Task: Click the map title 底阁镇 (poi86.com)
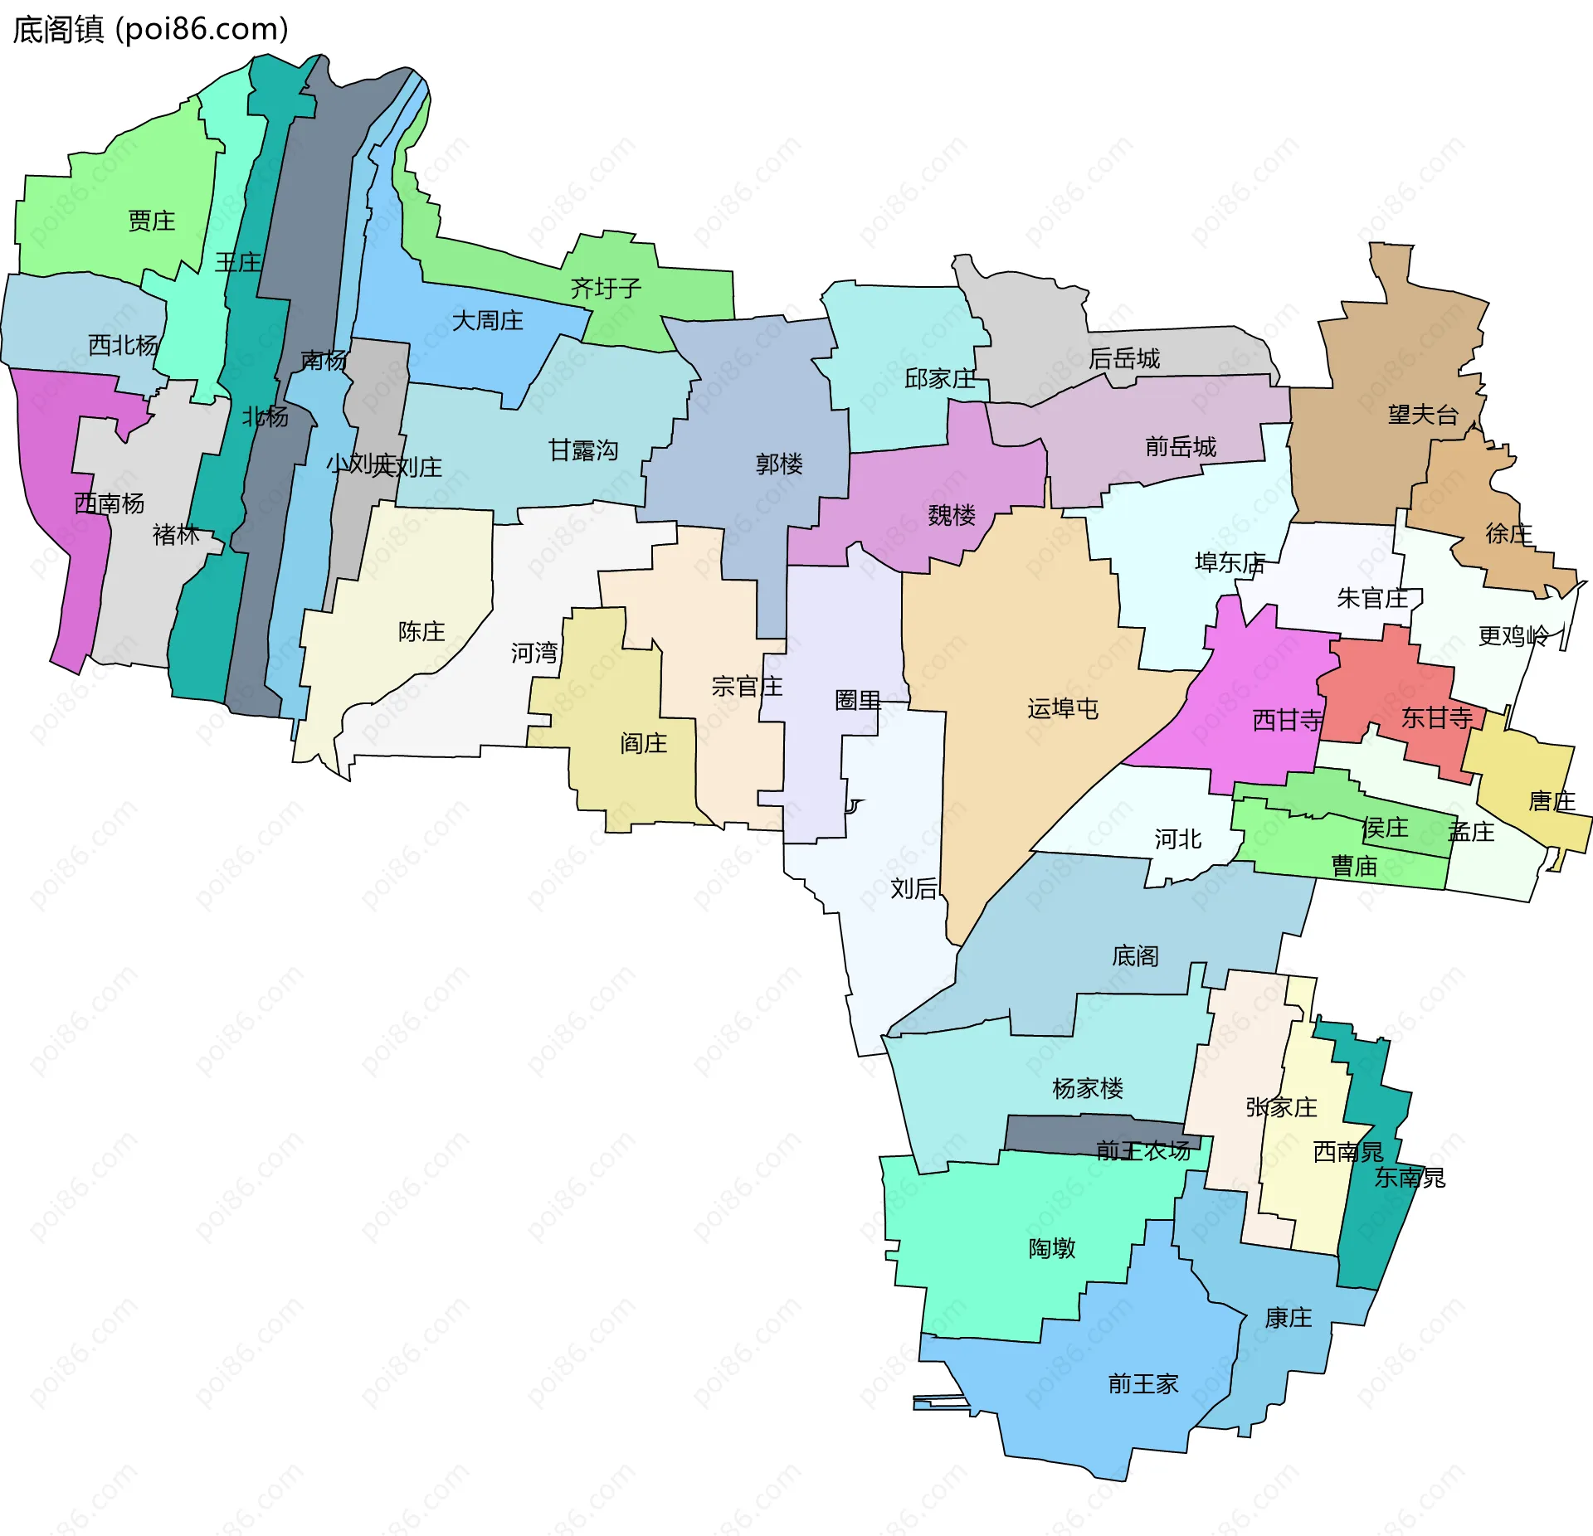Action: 150,30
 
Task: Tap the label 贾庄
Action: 151,221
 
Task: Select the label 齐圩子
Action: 606,289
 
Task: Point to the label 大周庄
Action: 487,321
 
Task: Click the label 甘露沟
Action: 583,451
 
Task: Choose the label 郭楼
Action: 779,464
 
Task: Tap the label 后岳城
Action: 1124,359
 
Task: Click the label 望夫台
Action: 1423,415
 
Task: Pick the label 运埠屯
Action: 1063,709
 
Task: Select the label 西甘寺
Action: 1287,721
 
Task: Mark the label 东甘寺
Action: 1436,718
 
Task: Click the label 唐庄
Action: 1552,802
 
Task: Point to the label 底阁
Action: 1135,956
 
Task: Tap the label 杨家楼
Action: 1087,1089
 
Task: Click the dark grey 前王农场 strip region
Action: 1054,1133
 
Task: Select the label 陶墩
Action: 1052,1249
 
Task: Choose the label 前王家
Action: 1143,1384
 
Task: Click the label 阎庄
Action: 644,744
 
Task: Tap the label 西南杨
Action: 109,503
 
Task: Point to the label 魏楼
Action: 952,516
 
